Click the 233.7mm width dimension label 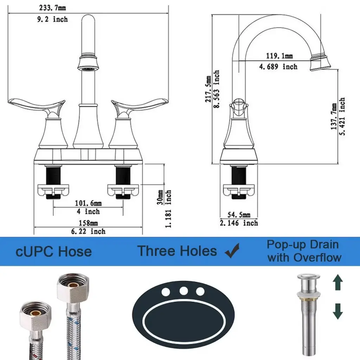53,8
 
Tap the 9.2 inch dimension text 53,19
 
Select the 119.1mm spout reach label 279,56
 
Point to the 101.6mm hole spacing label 88,203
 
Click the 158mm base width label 88,223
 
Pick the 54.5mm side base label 239,215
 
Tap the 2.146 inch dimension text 239,223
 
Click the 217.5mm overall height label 208,89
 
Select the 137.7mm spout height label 334,116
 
